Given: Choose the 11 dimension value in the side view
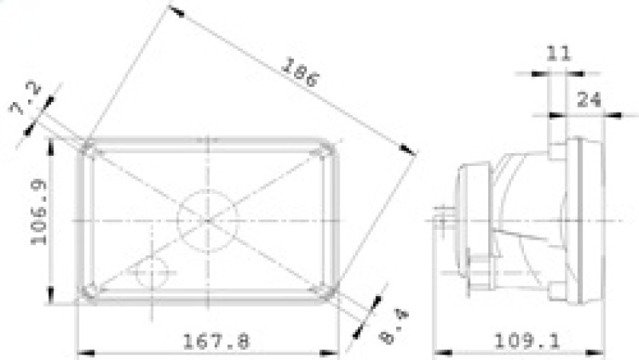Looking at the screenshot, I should point(558,54).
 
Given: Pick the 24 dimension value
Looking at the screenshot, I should point(589,99).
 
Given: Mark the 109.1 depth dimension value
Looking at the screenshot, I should point(527,341).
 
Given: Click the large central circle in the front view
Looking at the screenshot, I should point(208,219).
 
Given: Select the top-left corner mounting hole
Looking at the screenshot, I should point(89,149).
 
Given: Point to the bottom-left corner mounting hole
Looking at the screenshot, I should point(89,291).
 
